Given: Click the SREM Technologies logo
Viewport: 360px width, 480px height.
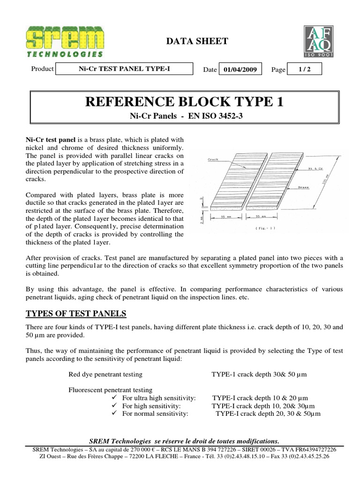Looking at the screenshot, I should click(x=66, y=42).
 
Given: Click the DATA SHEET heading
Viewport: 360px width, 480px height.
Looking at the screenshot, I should click(x=197, y=41).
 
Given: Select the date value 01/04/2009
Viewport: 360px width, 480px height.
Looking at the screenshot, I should click(x=240, y=69).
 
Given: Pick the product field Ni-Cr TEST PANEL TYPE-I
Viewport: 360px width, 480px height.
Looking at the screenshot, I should click(x=124, y=69).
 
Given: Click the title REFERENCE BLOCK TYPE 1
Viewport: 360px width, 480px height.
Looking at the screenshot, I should click(x=184, y=101).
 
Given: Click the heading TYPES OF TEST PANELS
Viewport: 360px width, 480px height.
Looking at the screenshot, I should click(x=75, y=313).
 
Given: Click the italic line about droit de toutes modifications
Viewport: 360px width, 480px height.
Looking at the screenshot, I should click(x=184, y=441).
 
